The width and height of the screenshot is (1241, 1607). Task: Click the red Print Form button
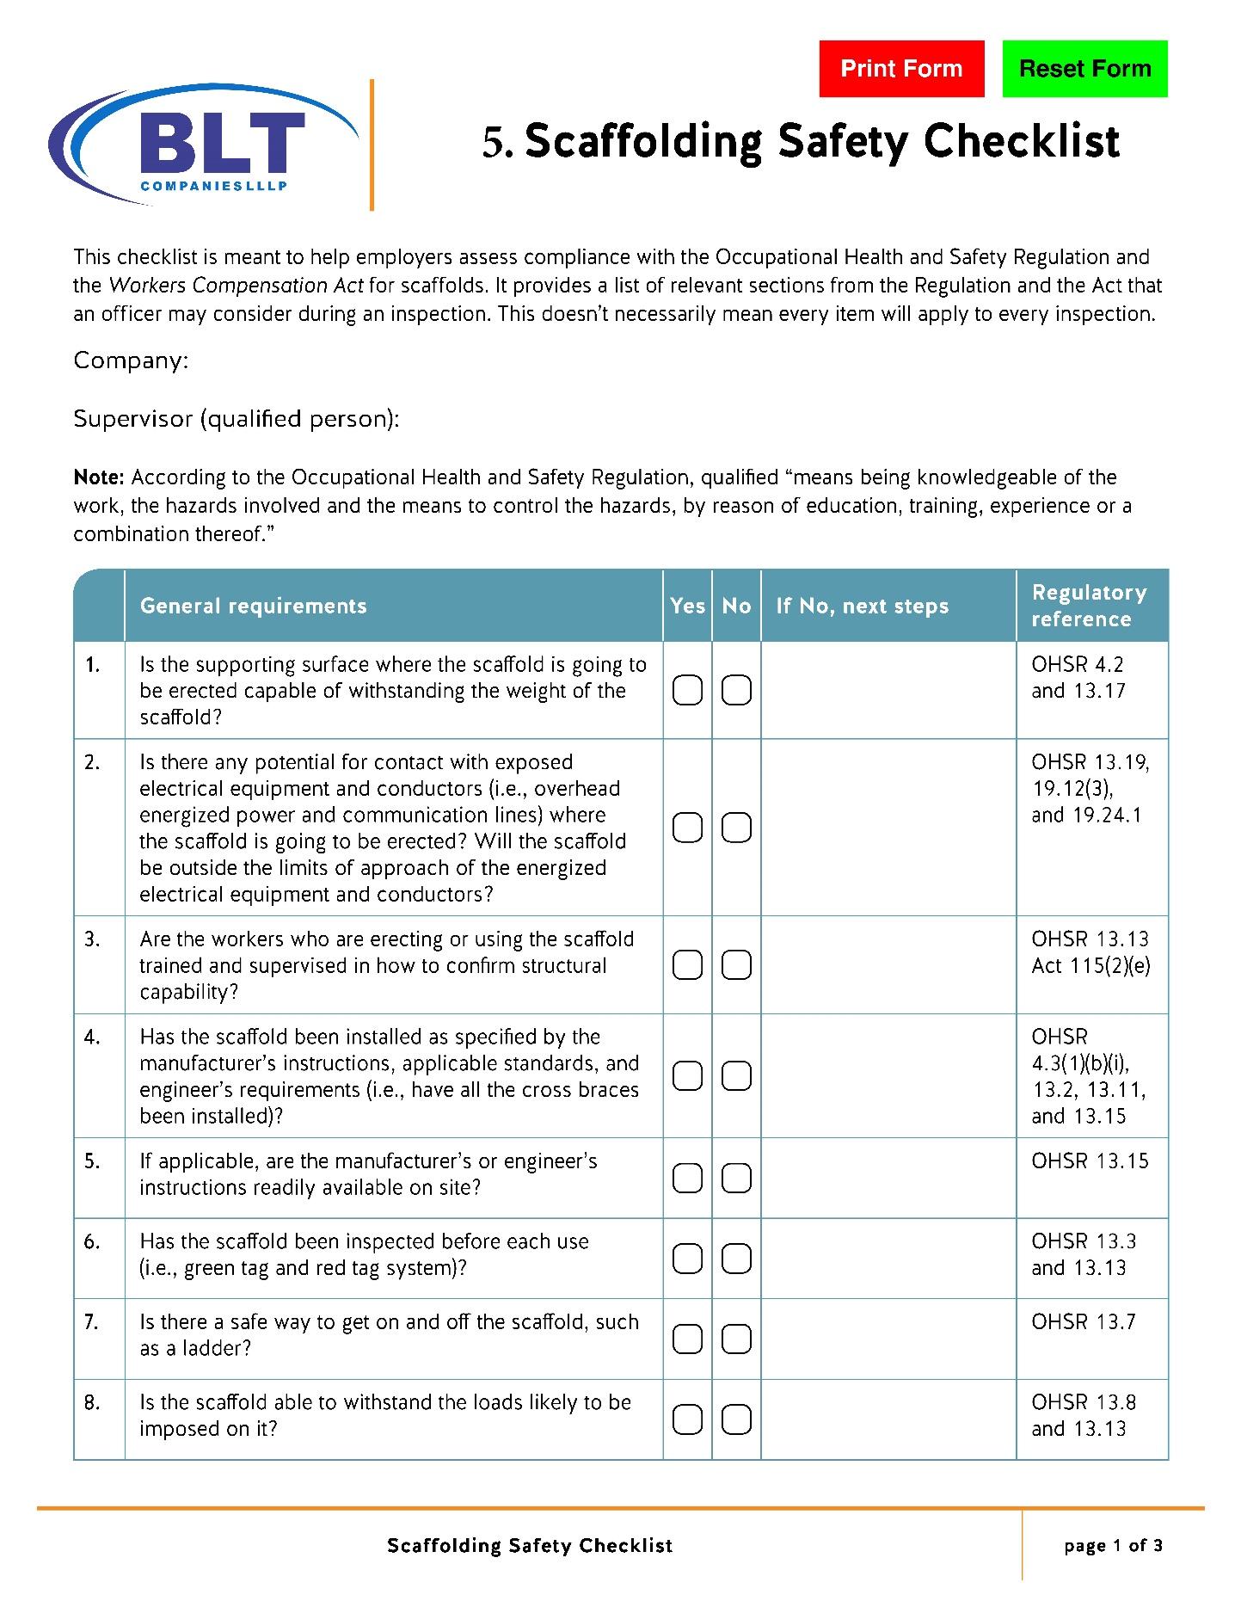[901, 69]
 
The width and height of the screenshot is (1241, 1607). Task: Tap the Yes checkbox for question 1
[687, 690]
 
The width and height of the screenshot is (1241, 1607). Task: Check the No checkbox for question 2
[736, 828]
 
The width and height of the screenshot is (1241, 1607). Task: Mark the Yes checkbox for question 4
[687, 1076]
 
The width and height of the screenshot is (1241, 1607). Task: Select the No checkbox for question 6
[736, 1259]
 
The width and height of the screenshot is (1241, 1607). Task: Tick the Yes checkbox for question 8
[687, 1419]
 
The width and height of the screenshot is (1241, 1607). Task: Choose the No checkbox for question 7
[736, 1339]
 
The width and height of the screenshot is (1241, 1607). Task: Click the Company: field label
[131, 360]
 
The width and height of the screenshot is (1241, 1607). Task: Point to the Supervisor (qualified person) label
[237, 419]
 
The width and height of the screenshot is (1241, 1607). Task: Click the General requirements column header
[253, 606]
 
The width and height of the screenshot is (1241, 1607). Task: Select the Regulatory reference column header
[1089, 606]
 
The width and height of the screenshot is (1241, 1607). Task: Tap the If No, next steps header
[862, 606]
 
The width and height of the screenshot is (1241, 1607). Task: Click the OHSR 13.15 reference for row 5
[1090, 1161]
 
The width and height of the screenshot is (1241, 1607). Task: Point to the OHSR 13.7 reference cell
[1084, 1321]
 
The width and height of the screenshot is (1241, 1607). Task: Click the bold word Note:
[100, 477]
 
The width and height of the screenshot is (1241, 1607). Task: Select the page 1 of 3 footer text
[1113, 1545]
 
